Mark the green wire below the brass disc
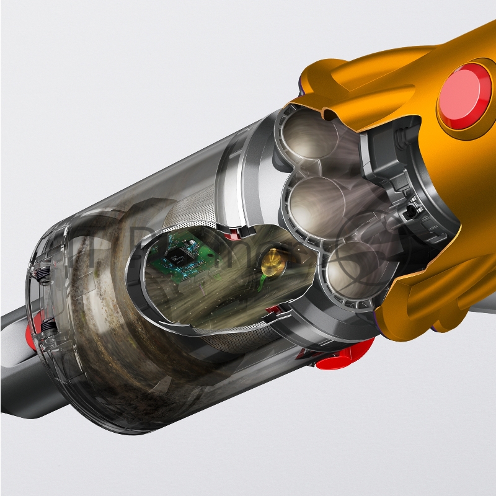point(266,283)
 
